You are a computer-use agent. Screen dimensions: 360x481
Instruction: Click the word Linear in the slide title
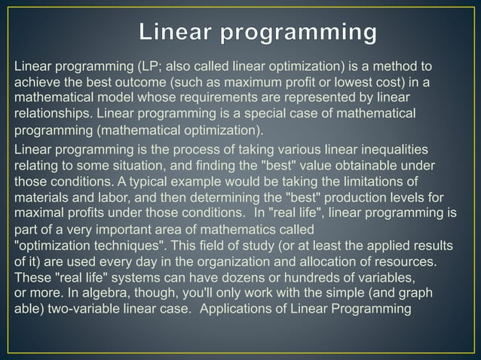(x=177, y=32)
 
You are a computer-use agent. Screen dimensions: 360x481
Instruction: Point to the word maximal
(x=38, y=212)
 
